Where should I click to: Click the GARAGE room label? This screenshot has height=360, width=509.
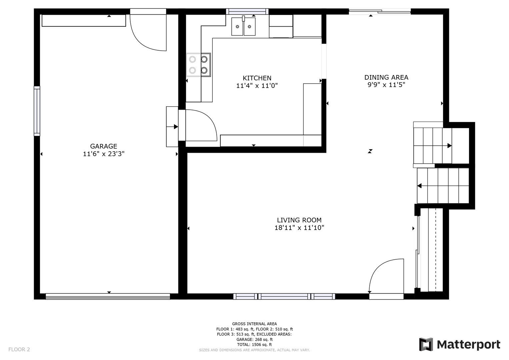[x=104, y=146]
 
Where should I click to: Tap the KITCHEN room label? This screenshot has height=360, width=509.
[x=257, y=78]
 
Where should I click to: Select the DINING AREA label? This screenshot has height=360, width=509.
[x=386, y=77]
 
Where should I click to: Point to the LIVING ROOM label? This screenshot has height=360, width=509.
[x=299, y=220]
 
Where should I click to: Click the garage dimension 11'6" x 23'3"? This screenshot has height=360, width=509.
[x=104, y=154]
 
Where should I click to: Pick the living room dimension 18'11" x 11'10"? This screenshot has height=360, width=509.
[x=299, y=227]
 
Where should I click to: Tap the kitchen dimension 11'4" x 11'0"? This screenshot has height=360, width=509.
[x=257, y=86]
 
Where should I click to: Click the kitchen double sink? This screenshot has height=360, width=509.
[x=243, y=26]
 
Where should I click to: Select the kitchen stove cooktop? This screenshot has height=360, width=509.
[x=198, y=65]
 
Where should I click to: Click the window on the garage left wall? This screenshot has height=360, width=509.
[x=37, y=111]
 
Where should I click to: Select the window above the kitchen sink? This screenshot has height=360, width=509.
[x=247, y=11]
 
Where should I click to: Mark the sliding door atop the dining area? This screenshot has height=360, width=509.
[x=380, y=11]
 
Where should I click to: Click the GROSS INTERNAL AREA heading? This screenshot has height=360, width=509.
[x=254, y=324]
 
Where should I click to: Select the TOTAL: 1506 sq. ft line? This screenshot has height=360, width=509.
[x=254, y=345]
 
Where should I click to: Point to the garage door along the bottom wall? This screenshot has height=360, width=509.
[x=108, y=296]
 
